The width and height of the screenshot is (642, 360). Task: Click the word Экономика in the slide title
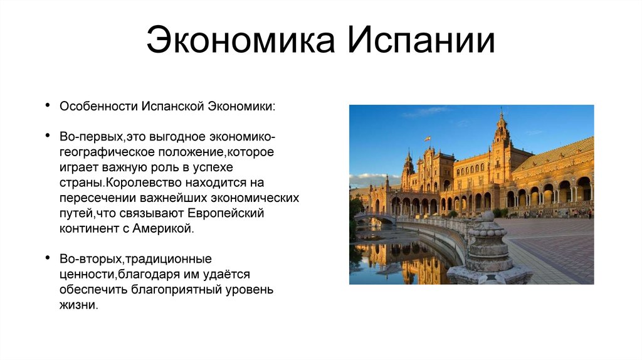(241, 40)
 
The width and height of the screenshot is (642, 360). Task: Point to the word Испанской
(173, 107)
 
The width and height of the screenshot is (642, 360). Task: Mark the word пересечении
(98, 198)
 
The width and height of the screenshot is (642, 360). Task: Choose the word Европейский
(226, 213)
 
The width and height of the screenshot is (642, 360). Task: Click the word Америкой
(163, 228)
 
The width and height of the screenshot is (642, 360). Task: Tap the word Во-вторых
(91, 259)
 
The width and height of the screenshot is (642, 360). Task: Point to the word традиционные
(168, 260)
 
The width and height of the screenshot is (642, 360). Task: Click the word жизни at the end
(78, 305)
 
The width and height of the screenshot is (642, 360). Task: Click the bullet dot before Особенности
(48, 105)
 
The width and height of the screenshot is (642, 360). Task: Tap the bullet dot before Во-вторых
(48, 258)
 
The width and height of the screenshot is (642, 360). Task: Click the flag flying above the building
(427, 139)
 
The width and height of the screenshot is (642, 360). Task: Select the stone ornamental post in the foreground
(488, 250)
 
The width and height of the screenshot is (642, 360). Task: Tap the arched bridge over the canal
(375, 218)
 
